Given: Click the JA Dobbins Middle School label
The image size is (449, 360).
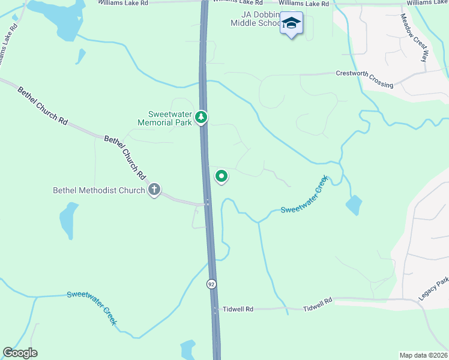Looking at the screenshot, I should [255, 19].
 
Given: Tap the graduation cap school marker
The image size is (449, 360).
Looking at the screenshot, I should [292, 23].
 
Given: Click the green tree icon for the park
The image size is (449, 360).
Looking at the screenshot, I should [203, 117].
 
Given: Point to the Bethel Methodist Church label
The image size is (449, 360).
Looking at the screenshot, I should [99, 191].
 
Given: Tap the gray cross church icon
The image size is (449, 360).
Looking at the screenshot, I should [154, 190].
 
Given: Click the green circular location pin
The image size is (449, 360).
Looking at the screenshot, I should [221, 176].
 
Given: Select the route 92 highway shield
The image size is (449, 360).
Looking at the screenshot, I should [211, 283].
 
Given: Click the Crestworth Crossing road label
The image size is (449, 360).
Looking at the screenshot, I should [365, 79].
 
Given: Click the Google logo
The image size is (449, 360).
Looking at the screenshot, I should [20, 353].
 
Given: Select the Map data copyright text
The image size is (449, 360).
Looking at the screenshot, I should [423, 355].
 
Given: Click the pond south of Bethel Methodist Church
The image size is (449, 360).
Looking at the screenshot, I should [68, 220].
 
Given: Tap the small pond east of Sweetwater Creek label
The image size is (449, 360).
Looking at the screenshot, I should [354, 205].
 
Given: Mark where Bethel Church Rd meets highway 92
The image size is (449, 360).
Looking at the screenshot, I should [206, 203].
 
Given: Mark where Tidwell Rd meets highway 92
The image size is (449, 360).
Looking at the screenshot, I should [215, 310].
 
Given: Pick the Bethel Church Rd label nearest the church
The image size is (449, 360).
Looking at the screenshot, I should [125, 158].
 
